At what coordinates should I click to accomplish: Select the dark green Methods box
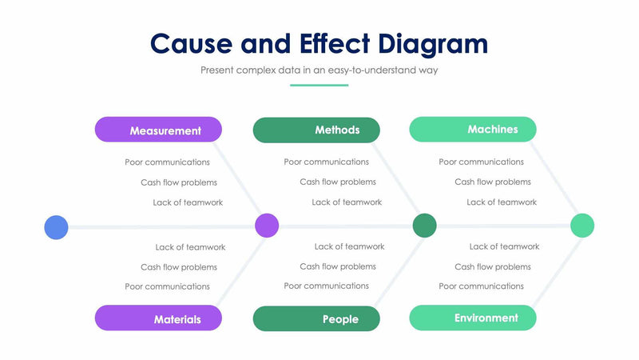coord(316,130)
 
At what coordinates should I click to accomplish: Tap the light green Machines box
coord(473,129)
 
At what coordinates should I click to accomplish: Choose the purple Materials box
coord(158,318)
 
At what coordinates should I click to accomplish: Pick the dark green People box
coord(316,318)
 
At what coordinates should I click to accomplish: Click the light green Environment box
coord(473,318)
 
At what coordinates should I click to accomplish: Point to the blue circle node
coord(56,227)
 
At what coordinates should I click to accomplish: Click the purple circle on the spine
coord(267,226)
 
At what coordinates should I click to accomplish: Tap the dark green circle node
coord(425,226)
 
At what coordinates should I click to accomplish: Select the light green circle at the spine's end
coord(582,226)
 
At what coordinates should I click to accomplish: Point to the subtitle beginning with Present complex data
coord(319,70)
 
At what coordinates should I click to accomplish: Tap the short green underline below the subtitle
coord(319,85)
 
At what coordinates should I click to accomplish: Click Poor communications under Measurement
coord(167,162)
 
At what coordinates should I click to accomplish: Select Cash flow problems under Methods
coord(338,182)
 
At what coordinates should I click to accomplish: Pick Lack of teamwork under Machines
coord(502,202)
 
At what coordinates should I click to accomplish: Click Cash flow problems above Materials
coord(179,267)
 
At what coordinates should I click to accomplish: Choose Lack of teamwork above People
coord(349,246)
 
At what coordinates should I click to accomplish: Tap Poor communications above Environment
coord(481,286)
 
